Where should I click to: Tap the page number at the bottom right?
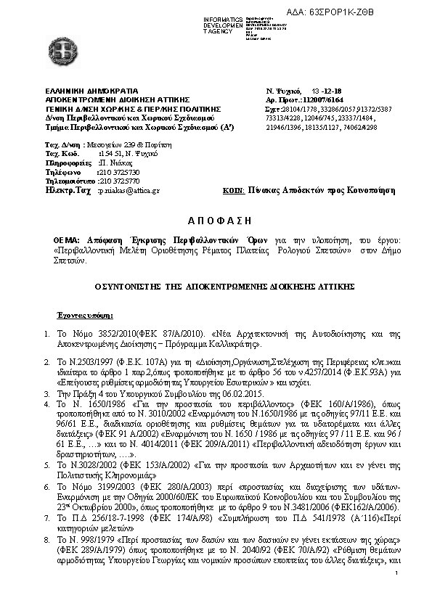click(397, 594)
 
